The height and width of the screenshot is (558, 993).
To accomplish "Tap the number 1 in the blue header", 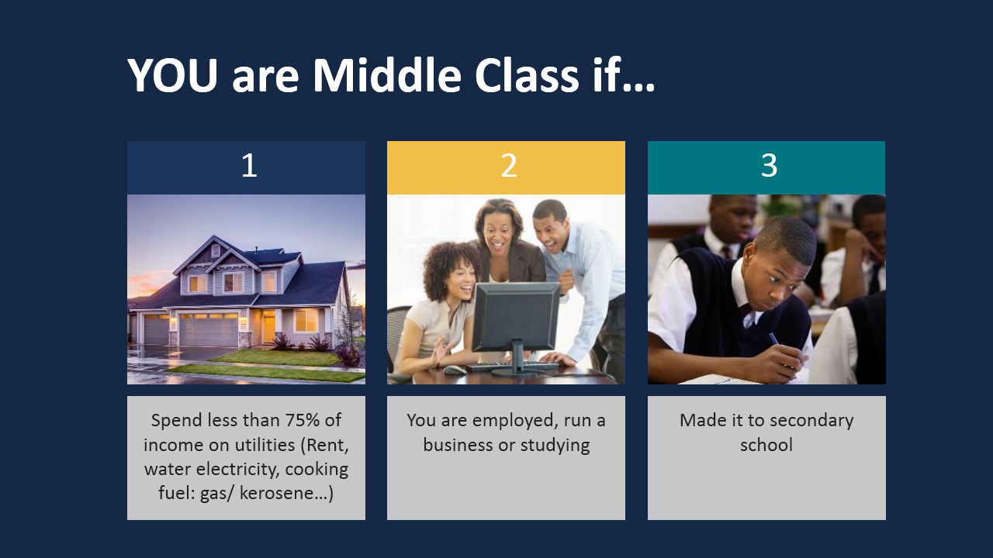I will pos(248,166).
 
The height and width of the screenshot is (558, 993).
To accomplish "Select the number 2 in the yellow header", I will pos(509,166).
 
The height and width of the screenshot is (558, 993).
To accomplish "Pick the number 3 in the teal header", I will pos(769,166).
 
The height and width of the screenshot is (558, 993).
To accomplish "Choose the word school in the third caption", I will pos(766,446).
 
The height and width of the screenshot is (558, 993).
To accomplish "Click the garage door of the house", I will pos(208,330).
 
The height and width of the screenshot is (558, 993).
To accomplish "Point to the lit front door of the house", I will pos(268,326).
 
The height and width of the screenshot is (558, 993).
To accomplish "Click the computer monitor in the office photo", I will pos(515,318).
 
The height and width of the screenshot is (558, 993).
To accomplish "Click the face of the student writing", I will pos(780,274).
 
